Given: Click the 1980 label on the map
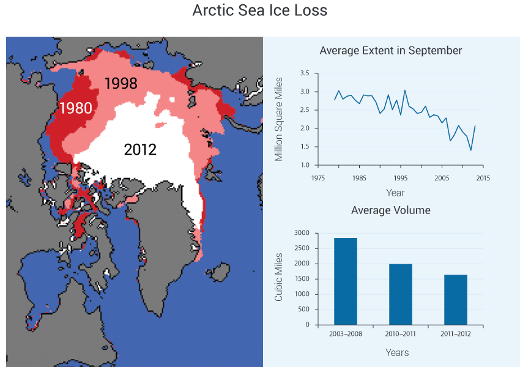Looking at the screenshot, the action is [x=76, y=108].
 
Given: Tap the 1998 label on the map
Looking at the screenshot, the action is [x=121, y=83].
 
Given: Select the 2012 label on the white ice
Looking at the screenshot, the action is [x=140, y=149].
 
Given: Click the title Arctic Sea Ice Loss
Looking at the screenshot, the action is [x=259, y=10].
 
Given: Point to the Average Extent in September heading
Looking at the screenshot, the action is [x=391, y=50].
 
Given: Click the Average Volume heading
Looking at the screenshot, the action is [x=391, y=210].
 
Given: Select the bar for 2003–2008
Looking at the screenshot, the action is [x=346, y=281].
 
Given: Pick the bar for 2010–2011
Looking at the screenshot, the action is [x=401, y=294].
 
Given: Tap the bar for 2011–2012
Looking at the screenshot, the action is [x=456, y=300].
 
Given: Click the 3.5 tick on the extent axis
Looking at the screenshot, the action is [x=305, y=73].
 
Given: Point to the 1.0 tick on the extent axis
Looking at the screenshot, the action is [x=305, y=165].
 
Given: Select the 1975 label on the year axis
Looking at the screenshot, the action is [x=318, y=178].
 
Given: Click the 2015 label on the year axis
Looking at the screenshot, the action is [x=483, y=178].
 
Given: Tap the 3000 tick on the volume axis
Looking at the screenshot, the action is [x=302, y=233].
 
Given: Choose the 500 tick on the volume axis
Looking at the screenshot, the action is [x=304, y=310].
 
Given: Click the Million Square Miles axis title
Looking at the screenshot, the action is [x=278, y=119].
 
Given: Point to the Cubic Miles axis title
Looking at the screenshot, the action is [x=278, y=277].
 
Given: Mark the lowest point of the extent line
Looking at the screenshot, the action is [x=471, y=150].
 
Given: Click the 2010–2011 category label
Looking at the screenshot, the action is [x=400, y=334].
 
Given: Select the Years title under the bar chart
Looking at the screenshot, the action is [x=397, y=352].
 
